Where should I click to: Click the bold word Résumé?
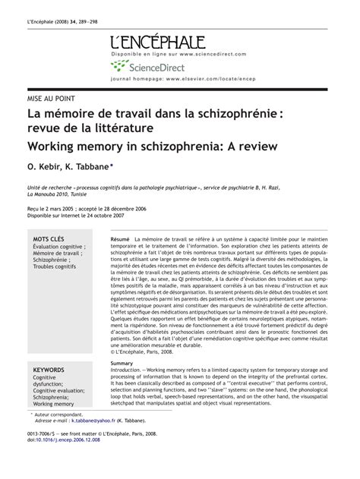click(120, 238)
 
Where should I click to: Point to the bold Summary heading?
click(122, 364)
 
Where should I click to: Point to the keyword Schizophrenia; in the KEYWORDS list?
click(50, 397)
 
